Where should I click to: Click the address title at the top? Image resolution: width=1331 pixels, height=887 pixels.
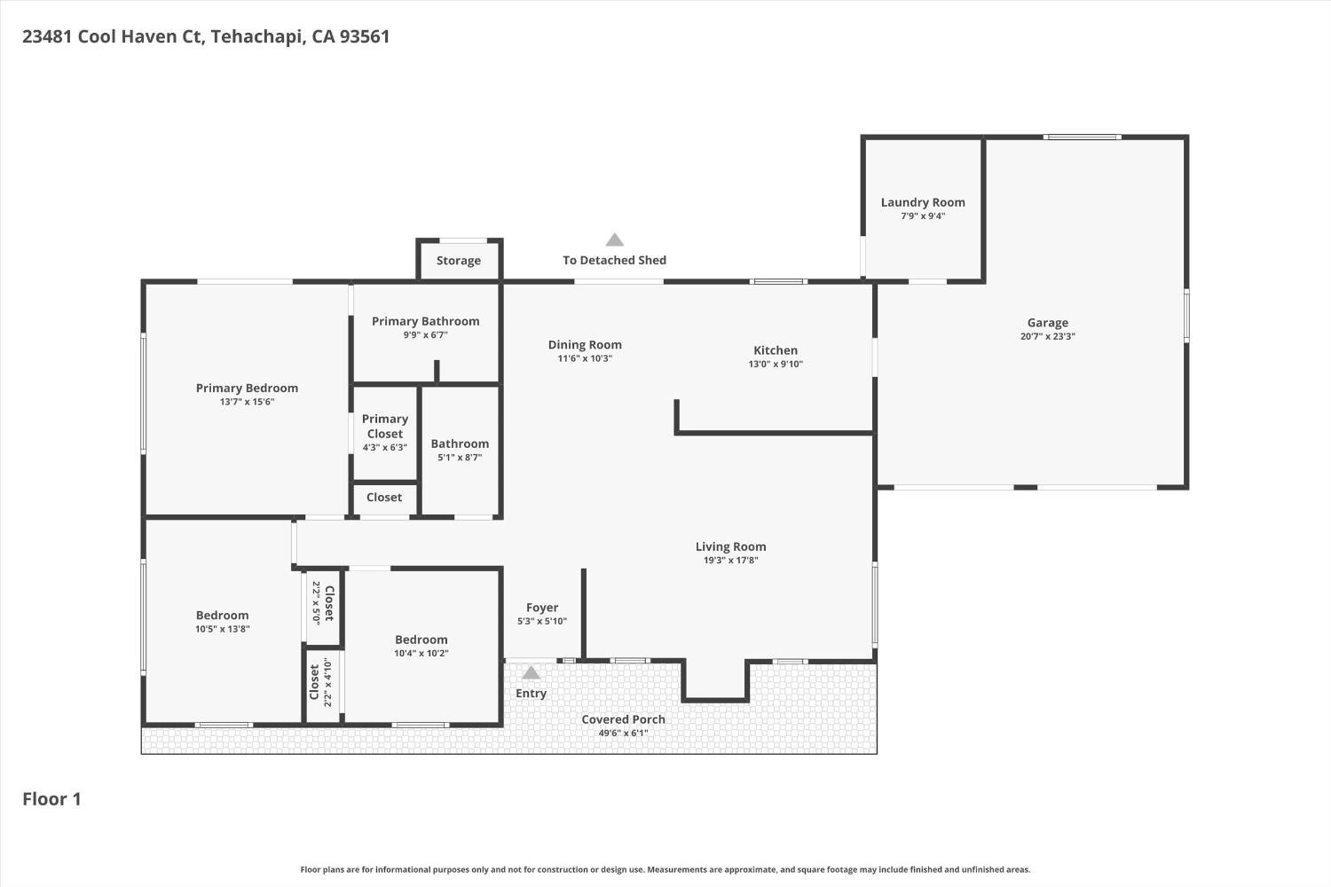pos(206,36)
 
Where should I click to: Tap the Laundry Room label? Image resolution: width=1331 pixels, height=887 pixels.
pos(923,202)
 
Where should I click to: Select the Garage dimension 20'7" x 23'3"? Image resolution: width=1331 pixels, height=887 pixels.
pos(1047,336)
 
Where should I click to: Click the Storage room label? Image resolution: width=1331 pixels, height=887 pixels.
pos(459,261)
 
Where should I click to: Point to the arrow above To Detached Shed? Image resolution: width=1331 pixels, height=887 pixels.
pos(614,239)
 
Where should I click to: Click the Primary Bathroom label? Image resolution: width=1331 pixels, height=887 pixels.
pos(425,321)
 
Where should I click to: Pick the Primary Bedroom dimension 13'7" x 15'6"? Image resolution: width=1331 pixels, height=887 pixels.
pos(247,402)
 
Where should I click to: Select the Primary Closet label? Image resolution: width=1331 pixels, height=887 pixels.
pos(384,426)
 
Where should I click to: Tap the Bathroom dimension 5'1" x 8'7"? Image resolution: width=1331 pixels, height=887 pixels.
pos(460,458)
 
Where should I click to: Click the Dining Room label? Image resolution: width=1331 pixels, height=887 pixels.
pos(585,345)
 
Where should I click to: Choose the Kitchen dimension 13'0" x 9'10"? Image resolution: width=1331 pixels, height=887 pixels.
pos(776,364)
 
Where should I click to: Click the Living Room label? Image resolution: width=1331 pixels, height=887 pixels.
pos(730,546)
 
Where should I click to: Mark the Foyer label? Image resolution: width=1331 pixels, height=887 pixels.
pos(542,608)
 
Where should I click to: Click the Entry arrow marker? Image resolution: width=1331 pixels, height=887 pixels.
pos(531,672)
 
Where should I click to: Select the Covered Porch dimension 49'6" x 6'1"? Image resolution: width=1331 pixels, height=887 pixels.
pos(623,733)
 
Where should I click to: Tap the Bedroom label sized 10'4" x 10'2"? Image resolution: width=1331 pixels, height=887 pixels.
pos(421,640)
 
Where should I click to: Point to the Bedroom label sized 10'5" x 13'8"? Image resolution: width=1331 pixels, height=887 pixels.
pos(222,616)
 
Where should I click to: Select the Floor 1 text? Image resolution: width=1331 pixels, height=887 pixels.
pos(51,799)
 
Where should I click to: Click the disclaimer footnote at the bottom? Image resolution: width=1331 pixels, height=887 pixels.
pos(665,870)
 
